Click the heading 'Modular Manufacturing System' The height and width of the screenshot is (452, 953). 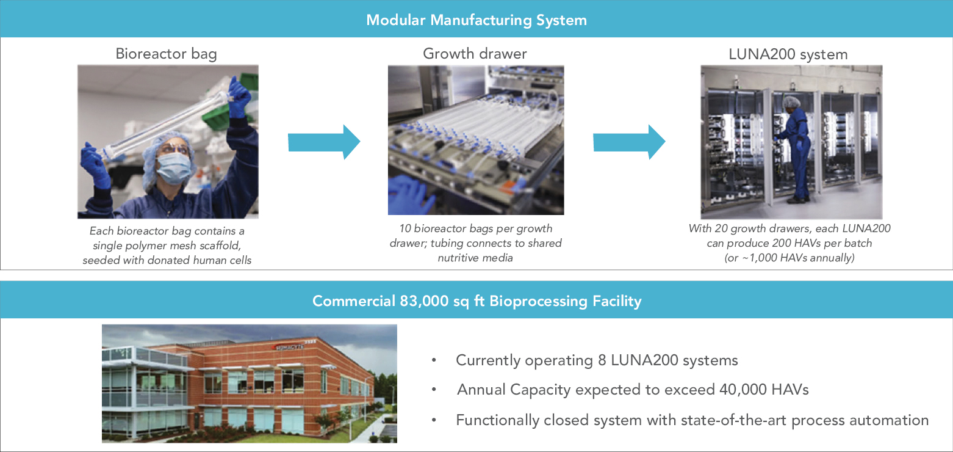[x=476, y=20]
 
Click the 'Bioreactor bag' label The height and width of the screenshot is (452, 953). [x=166, y=54]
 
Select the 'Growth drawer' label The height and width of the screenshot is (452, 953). [x=475, y=54]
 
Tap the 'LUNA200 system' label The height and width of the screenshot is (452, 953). [x=788, y=54]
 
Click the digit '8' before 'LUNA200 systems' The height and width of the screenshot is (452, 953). [x=605, y=360]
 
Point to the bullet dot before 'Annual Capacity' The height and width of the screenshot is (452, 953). [x=434, y=390]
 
